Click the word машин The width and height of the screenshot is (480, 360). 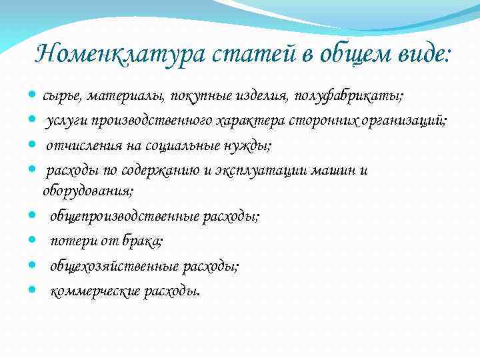[339, 170]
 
